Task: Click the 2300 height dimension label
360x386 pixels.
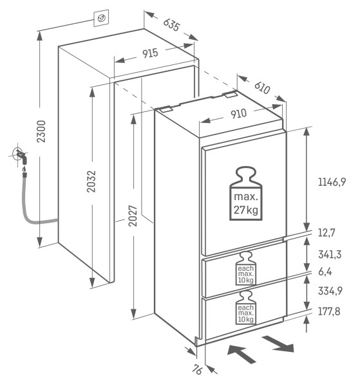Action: click(x=41, y=131)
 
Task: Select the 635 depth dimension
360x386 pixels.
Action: click(x=172, y=24)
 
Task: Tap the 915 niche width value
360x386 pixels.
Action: click(x=150, y=53)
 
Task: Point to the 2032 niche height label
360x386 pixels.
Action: click(x=91, y=181)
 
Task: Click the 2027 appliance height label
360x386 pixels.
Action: click(x=133, y=216)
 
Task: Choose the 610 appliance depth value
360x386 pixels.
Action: click(x=262, y=87)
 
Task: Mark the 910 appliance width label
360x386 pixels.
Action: click(x=238, y=114)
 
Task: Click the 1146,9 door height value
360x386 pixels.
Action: click(x=332, y=182)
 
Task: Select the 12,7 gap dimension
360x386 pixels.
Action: click(x=327, y=232)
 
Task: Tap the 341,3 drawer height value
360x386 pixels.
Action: click(x=330, y=254)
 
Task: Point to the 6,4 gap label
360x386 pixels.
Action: click(x=325, y=271)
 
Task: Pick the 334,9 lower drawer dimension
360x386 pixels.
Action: click(x=330, y=291)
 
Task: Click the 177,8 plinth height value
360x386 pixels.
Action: click(x=329, y=311)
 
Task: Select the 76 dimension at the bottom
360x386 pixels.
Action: click(x=197, y=369)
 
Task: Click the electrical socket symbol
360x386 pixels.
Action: click(x=101, y=18)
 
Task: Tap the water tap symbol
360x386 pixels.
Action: click(x=21, y=156)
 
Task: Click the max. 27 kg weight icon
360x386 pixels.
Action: click(x=245, y=193)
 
